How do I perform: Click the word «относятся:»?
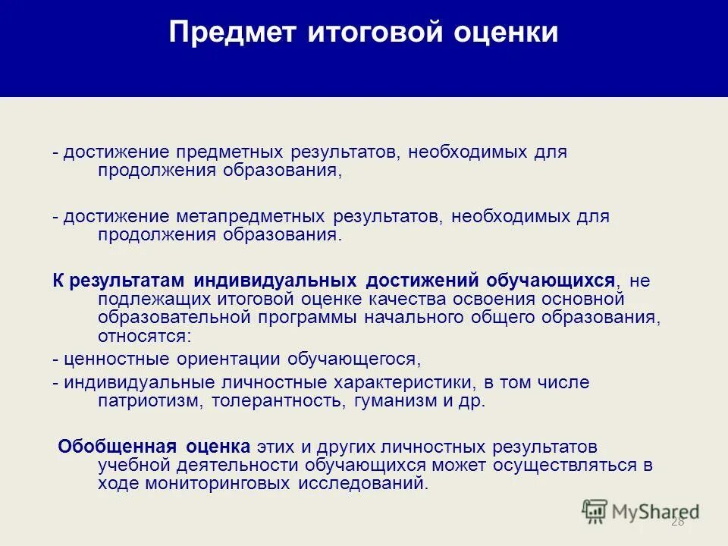click(x=145, y=335)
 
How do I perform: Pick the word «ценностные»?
click(x=111, y=359)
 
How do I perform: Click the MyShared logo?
click(x=641, y=512)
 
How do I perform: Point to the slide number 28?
click(x=677, y=522)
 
